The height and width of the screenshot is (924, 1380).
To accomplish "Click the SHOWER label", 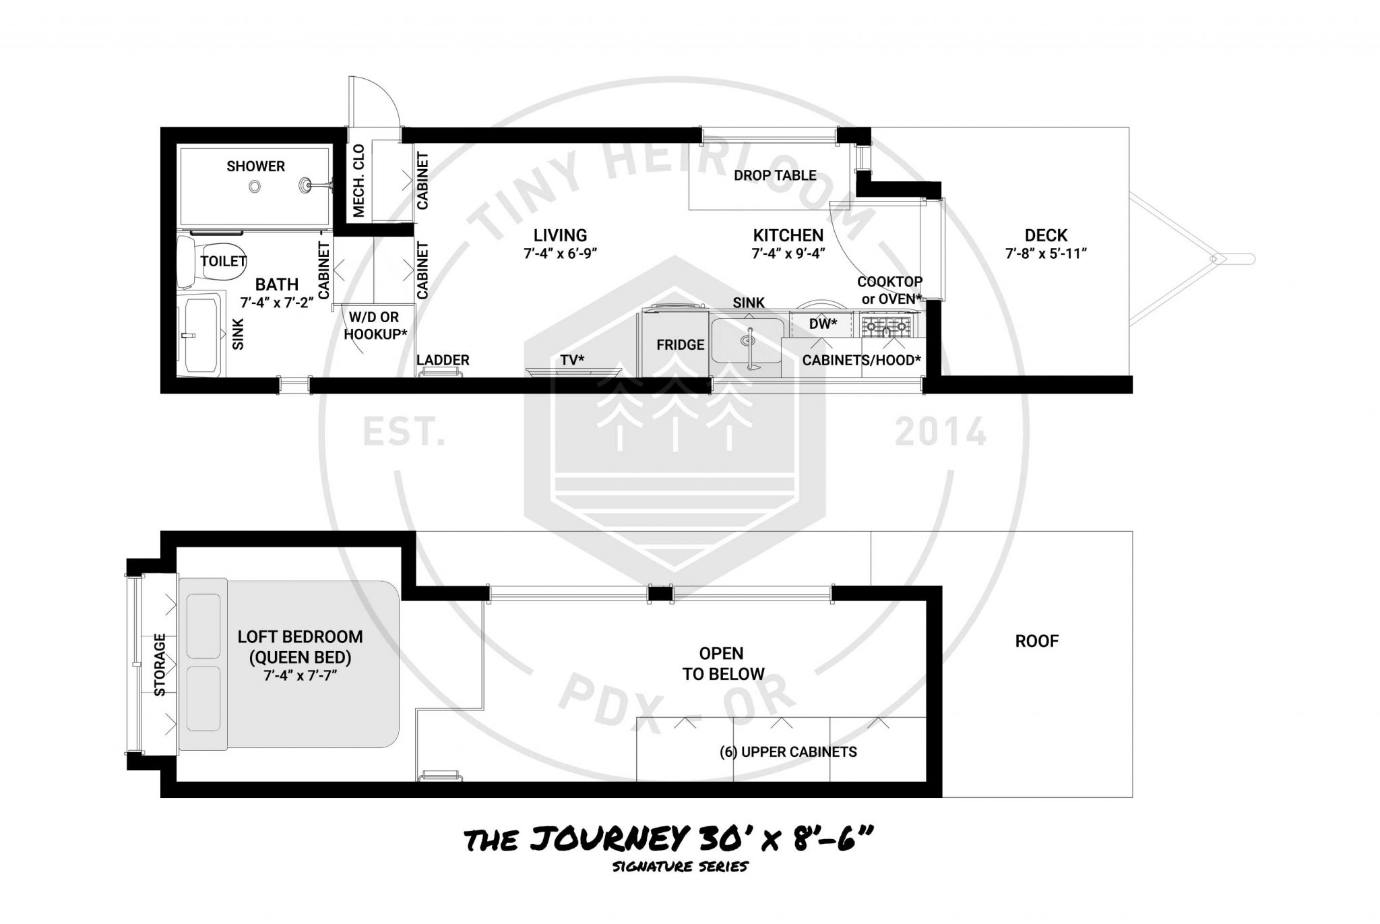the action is coord(255,166).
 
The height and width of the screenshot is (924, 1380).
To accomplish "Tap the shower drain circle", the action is coord(255,187).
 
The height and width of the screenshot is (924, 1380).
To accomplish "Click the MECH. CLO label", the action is coord(358,181).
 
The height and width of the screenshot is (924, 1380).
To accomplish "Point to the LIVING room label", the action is coord(561,235).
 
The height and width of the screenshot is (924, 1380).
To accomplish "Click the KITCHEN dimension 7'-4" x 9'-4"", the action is coord(788,253).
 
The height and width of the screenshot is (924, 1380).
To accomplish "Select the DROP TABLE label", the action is coord(775,175).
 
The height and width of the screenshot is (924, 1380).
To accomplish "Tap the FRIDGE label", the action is coord(681,344).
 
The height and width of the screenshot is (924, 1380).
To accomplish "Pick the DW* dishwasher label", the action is coord(823,324).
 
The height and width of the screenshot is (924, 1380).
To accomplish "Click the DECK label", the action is coord(1046,235).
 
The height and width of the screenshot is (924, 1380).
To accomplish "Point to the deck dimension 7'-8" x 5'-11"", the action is coord(1046,253).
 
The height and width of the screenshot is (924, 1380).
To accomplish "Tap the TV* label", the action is coord(572,360).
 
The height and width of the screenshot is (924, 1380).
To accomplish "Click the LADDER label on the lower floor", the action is coord(443,360).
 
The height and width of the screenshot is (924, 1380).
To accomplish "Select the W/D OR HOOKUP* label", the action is coord(376,326).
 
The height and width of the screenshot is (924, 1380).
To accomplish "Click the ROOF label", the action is coord(1037,641).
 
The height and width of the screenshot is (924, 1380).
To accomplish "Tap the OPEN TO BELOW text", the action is coord(722,664).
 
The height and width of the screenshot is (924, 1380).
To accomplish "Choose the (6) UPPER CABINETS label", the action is coord(788,752).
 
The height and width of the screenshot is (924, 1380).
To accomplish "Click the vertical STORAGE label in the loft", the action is coord(160,665).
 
